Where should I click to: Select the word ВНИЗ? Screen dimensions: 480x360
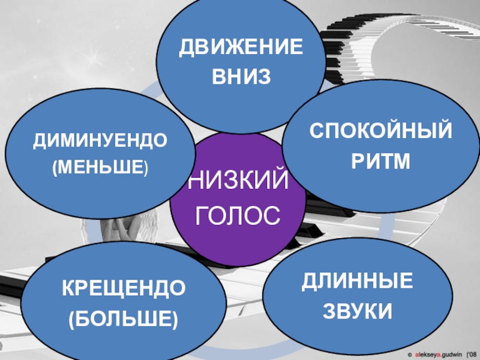point(238,77)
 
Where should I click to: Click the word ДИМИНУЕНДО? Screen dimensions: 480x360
point(100,141)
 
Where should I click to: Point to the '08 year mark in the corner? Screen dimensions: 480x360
point(472,355)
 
